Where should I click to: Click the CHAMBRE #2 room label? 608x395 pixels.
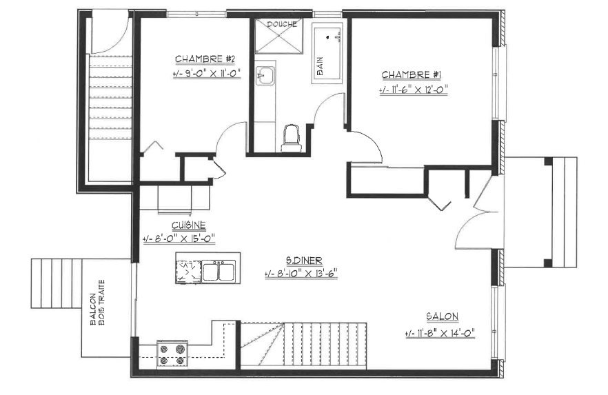[x=205, y=59]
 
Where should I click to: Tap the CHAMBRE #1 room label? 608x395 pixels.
[x=412, y=75]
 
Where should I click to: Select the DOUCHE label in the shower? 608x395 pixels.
[x=282, y=24]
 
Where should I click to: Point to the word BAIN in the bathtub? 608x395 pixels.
[x=321, y=66]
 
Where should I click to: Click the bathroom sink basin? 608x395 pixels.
[x=265, y=75]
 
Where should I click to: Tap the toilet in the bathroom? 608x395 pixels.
[x=291, y=138]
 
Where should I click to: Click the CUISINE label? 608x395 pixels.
[x=189, y=225]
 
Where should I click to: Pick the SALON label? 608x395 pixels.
[x=443, y=316]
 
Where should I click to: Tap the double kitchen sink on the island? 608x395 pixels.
[x=219, y=270]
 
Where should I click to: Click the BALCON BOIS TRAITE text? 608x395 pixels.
[x=97, y=303]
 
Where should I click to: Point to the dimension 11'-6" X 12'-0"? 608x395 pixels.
[x=414, y=90]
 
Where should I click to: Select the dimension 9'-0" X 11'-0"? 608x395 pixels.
[x=207, y=74]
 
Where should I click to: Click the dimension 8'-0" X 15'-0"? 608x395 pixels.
[x=179, y=239]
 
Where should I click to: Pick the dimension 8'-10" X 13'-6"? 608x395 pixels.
[x=301, y=274]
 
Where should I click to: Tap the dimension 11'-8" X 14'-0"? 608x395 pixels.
[x=440, y=333]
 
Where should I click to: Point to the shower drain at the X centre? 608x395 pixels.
[x=279, y=36]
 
